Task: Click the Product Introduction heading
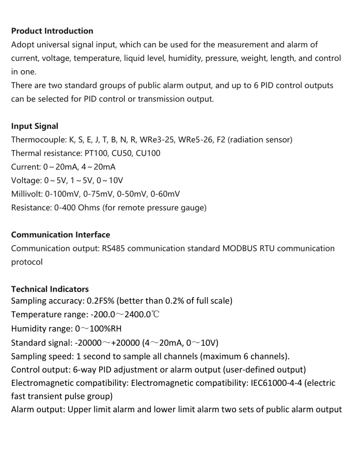point(52,31)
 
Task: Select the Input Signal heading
point(35,126)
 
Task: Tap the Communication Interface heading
point(60,235)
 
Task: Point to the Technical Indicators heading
point(50,289)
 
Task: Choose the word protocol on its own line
point(27,262)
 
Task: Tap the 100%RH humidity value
point(105,328)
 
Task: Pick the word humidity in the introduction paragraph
point(186,58)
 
